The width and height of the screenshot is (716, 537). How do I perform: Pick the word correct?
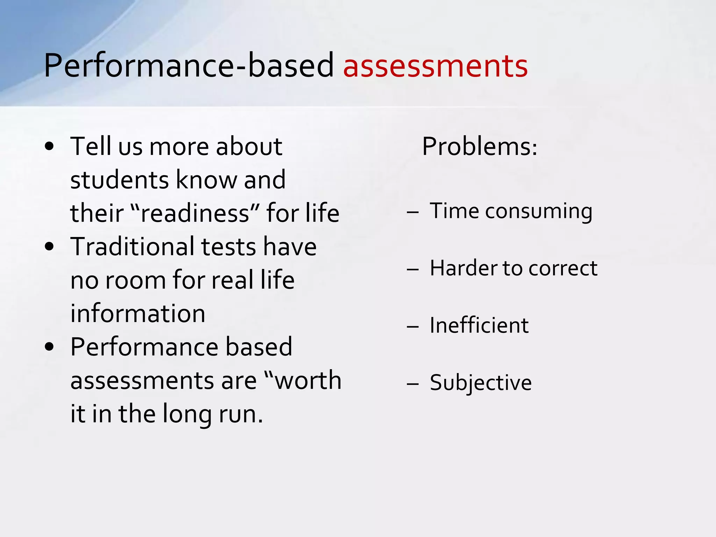point(563,269)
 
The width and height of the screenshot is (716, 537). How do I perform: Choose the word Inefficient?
point(479,325)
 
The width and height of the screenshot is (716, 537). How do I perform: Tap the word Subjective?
point(481,383)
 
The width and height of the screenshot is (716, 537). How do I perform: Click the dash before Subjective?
point(413,384)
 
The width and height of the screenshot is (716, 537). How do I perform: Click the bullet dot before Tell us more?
point(49,146)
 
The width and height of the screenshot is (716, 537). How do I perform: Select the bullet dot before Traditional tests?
point(49,246)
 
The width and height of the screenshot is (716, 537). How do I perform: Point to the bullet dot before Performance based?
point(49,347)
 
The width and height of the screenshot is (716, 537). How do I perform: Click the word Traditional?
point(133,246)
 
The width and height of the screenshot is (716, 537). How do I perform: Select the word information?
point(138,314)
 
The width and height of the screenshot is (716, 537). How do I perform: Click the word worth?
point(308,380)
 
